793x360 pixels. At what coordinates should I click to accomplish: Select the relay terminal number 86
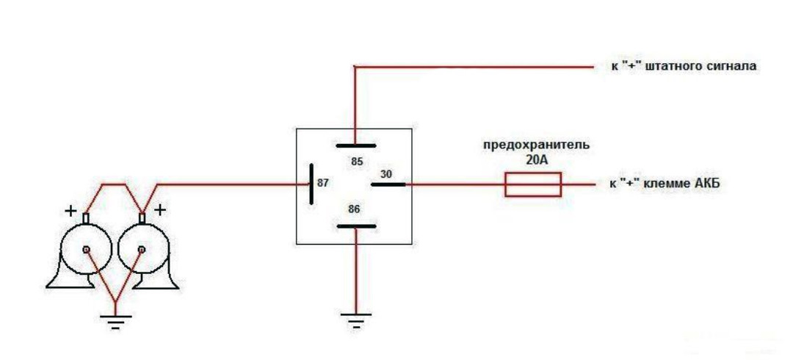click(x=354, y=209)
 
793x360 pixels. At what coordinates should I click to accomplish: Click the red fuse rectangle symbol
click(x=532, y=184)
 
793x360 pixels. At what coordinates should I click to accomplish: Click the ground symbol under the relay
click(x=355, y=319)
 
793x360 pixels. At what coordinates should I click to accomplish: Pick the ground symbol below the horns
click(x=115, y=320)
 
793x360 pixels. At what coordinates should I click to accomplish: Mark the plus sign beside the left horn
click(x=70, y=211)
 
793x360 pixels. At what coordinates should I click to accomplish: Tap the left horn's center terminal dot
click(x=87, y=250)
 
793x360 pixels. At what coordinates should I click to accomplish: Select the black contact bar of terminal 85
click(x=355, y=145)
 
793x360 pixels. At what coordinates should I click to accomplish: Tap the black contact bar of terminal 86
click(x=355, y=225)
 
